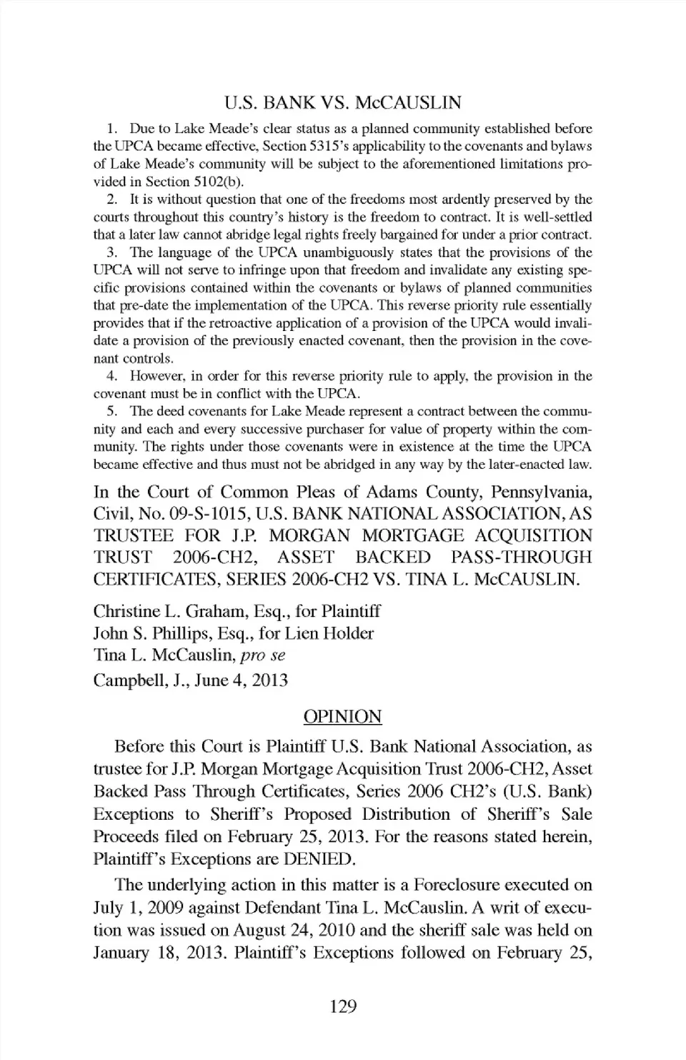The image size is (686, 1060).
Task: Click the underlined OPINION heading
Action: [343, 717]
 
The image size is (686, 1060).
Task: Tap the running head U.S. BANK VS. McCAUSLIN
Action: [343, 102]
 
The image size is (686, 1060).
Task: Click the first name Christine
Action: [122, 611]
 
